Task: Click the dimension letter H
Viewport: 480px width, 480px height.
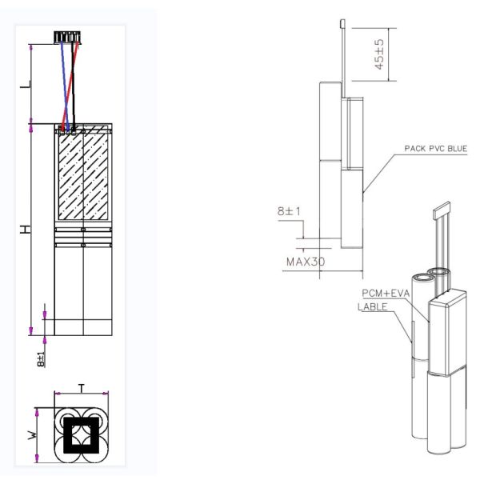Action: pyautogui.click(x=26, y=229)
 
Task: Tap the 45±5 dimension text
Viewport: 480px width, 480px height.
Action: pyautogui.click(x=379, y=54)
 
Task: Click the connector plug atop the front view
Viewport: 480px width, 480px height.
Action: pyautogui.click(x=68, y=37)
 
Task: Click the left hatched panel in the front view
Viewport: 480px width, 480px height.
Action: pyautogui.click(x=68, y=174)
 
